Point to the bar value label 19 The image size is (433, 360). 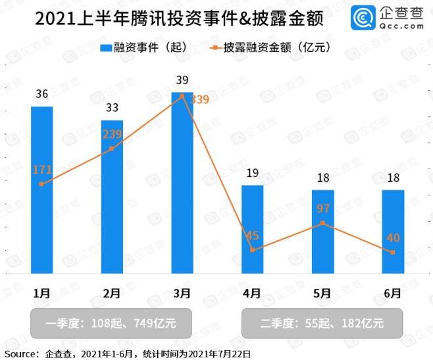coord(252,174)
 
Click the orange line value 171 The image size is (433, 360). coord(42,170)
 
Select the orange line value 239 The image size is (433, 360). coord(113,134)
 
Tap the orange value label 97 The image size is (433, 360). coord(322,209)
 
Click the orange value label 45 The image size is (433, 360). coord(252,235)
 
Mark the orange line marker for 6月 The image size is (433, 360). coord(393,253)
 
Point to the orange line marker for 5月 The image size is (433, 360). coord(322,224)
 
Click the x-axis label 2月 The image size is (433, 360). coord(112,292)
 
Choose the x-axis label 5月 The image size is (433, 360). coord(322,292)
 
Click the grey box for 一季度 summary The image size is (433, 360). coord(111,323)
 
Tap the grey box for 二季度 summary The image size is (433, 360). coord(320,323)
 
